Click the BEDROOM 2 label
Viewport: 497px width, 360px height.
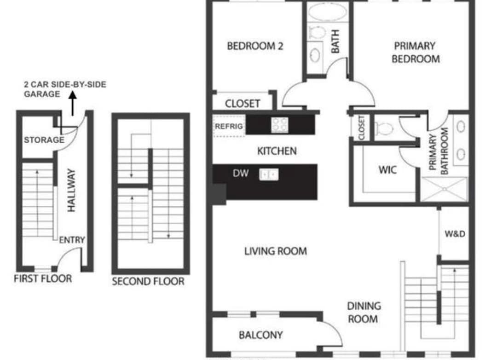coord(255,46)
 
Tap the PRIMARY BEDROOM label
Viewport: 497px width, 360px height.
coord(415,52)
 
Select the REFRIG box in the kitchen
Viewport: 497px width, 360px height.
coord(229,126)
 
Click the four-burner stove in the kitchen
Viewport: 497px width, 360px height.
coord(280,125)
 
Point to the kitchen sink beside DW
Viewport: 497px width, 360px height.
coord(269,174)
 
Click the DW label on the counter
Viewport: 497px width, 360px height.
coord(241,173)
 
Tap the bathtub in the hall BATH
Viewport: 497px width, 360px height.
coord(328,12)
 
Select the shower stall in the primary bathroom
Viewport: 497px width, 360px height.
coord(445,189)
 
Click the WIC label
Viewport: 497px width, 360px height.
coord(387,170)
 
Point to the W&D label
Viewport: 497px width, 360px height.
coord(455,234)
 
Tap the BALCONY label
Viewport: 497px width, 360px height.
coord(260,335)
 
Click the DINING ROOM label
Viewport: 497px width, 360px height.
coord(364,313)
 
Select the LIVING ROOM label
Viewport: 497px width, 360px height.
coord(276,251)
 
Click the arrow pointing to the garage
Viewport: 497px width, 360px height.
coord(73,103)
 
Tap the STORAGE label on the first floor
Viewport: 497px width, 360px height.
coord(44,140)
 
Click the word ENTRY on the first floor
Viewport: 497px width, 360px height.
coord(72,240)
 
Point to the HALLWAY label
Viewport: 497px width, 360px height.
coord(72,190)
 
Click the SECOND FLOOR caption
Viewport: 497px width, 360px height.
coord(148,281)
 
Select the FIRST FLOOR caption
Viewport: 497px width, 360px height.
coord(43,279)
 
